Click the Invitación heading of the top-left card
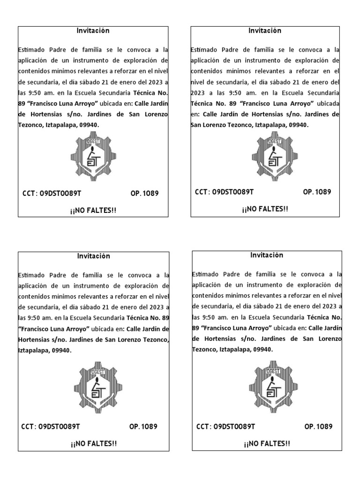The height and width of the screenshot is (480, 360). pos(93,31)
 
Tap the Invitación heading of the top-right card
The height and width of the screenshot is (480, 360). pos(265,31)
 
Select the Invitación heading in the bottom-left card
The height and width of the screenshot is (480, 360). pos(94,256)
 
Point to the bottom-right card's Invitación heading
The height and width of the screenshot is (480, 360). pos(267,255)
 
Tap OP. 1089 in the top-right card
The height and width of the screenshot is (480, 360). pos(317,192)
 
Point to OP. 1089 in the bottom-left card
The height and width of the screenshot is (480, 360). pos(143,427)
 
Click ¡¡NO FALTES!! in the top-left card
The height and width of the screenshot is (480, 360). pos(93,210)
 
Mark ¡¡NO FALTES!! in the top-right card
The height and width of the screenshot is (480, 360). pos(265,209)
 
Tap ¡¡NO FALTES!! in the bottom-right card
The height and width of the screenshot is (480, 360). pos(267,444)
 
